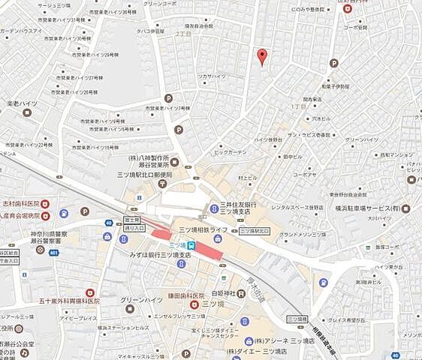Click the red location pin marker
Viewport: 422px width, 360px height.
click(262, 56)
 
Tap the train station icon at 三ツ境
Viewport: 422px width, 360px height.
click(191, 245)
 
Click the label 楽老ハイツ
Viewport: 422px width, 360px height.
click(22, 103)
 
